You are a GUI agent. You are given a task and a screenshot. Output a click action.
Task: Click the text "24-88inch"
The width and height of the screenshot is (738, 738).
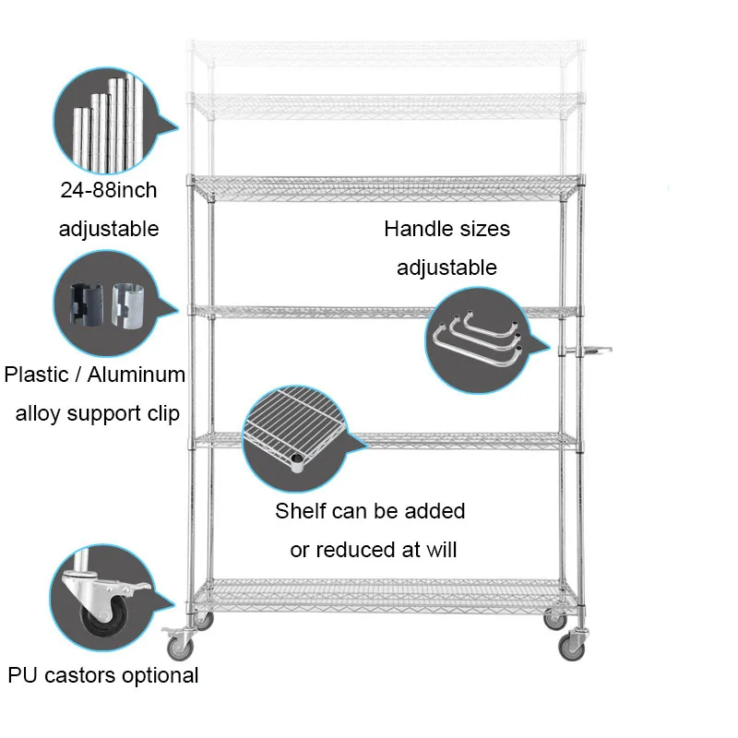click(x=107, y=191)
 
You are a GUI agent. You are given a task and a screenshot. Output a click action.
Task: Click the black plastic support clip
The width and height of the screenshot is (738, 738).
click(x=89, y=302)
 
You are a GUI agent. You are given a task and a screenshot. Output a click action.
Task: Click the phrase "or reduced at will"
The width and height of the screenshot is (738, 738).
click(x=374, y=551)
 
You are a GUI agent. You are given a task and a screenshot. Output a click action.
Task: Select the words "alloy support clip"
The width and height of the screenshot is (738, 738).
click(x=97, y=413)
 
